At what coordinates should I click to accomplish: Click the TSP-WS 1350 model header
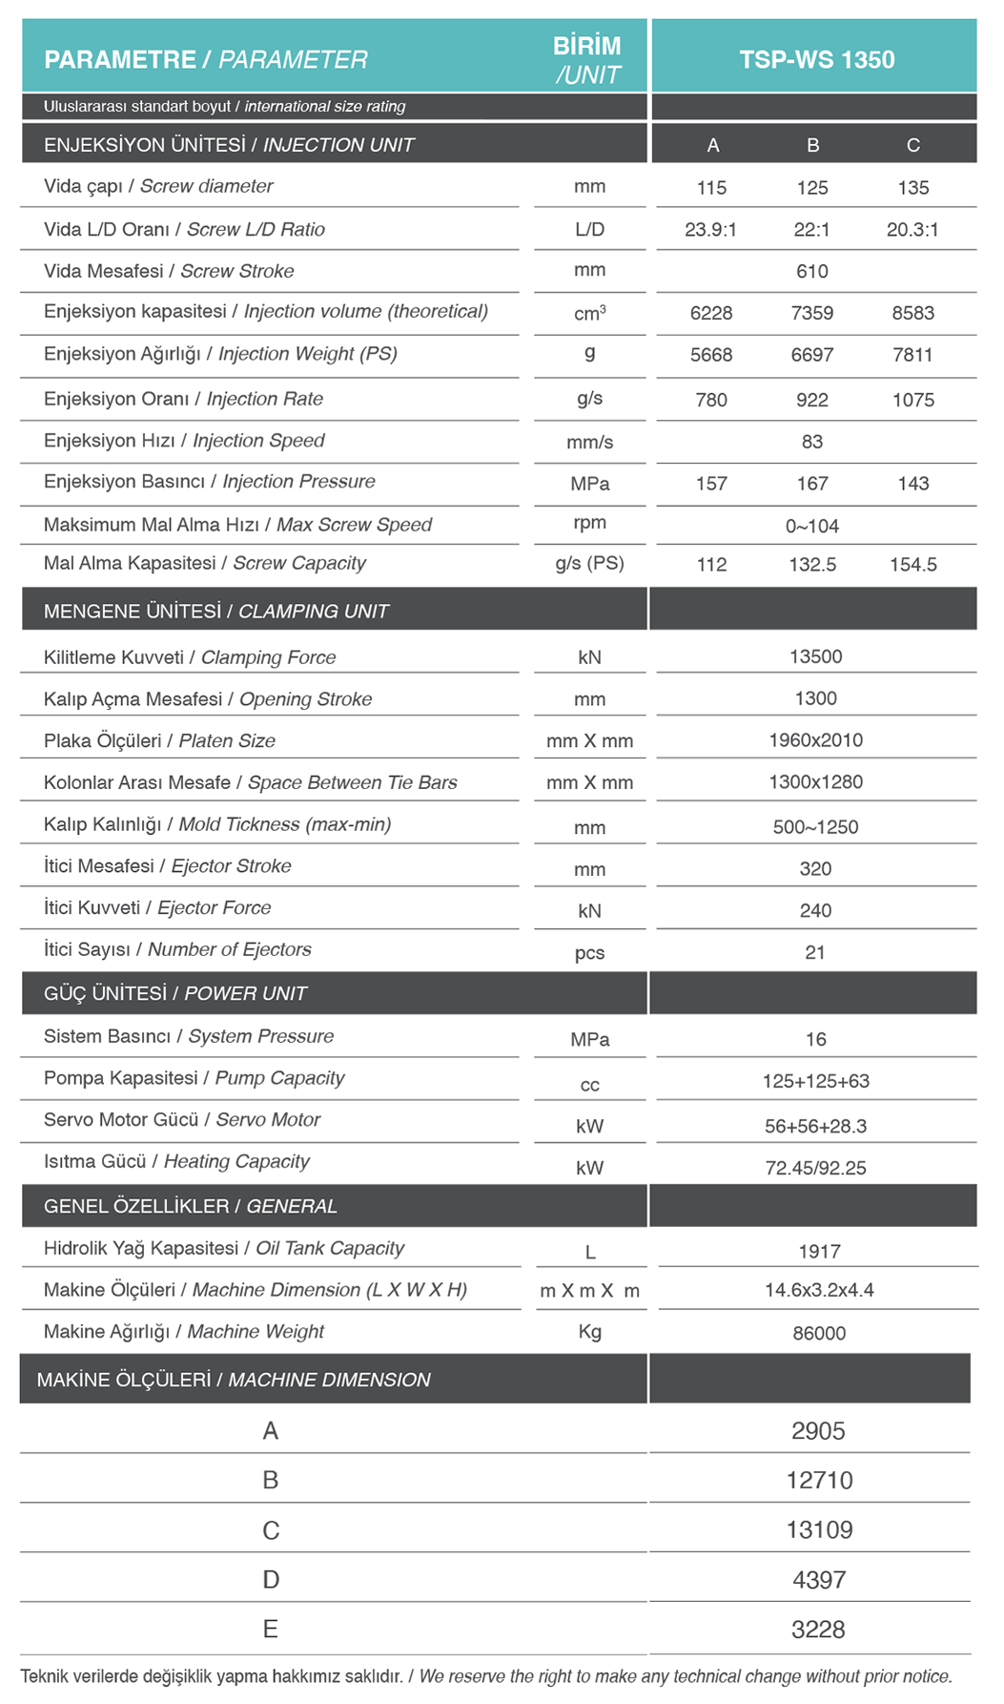tap(816, 59)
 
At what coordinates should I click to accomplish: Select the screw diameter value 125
tap(812, 188)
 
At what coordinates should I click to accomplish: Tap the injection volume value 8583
tap(912, 313)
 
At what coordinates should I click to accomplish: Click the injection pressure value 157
tap(711, 484)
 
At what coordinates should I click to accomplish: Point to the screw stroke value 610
tap(812, 272)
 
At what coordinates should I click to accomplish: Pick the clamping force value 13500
tap(816, 656)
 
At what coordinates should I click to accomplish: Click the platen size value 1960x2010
tap(816, 740)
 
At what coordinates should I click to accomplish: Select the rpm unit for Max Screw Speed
tap(589, 523)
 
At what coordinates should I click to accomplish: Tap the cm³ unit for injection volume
tap(589, 313)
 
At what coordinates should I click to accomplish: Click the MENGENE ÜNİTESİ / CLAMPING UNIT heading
tap(216, 612)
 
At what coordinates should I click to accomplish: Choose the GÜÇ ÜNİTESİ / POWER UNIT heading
tap(175, 993)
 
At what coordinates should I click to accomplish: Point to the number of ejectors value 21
tap(815, 952)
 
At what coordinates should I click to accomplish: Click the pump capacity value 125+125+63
tap(816, 1081)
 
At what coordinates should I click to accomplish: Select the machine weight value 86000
tap(819, 1333)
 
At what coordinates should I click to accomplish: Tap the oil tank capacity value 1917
tap(819, 1252)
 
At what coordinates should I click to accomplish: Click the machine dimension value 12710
tap(819, 1481)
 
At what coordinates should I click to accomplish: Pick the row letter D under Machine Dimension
tap(271, 1580)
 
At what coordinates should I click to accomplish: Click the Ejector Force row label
tap(157, 908)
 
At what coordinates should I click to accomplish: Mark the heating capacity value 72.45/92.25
tap(816, 1168)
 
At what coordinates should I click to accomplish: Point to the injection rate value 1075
tap(912, 400)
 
